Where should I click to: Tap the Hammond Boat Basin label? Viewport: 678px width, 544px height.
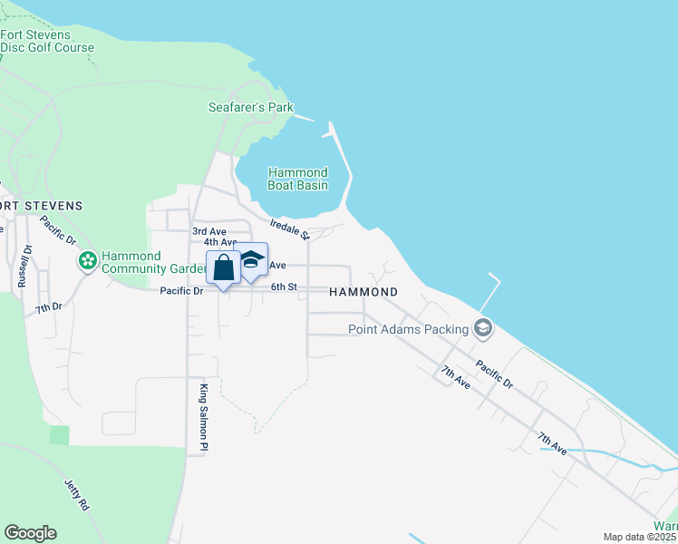(297, 179)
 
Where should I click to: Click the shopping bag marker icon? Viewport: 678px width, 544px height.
(224, 268)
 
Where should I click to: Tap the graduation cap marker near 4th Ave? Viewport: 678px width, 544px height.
(251, 259)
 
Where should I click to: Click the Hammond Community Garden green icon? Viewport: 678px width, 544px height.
(88, 262)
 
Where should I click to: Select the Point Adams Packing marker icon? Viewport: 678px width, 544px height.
(483, 328)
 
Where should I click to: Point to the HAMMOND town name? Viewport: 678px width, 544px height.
(363, 292)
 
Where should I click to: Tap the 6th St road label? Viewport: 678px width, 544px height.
(284, 287)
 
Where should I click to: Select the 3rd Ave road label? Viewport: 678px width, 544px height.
(209, 231)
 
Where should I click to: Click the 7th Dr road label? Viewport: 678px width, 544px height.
(48, 308)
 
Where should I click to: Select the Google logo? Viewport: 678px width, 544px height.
(30, 533)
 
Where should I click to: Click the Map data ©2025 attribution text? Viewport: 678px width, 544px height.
(640, 537)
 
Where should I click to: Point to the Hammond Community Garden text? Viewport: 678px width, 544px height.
(144, 262)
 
